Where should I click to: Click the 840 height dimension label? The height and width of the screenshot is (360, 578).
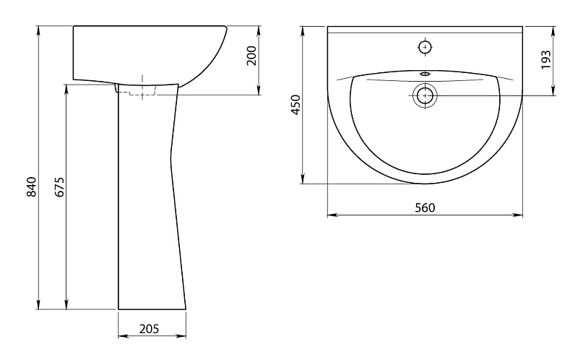pos(32,187)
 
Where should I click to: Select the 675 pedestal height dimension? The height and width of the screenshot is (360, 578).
pos(60,187)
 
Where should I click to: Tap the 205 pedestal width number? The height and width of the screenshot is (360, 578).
pos(149,328)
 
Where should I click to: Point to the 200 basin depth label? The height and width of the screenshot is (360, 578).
pos(251,56)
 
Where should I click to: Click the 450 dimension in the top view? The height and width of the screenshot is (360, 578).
pos(296,105)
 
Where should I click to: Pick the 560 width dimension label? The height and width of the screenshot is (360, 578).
pos(425,207)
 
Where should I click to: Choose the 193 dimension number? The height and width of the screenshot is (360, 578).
pos(545,59)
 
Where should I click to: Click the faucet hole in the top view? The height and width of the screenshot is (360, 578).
pos(426,47)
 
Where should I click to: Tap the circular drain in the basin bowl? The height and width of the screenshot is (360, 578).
pos(426,95)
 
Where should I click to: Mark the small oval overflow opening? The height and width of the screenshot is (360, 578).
pos(426,74)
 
